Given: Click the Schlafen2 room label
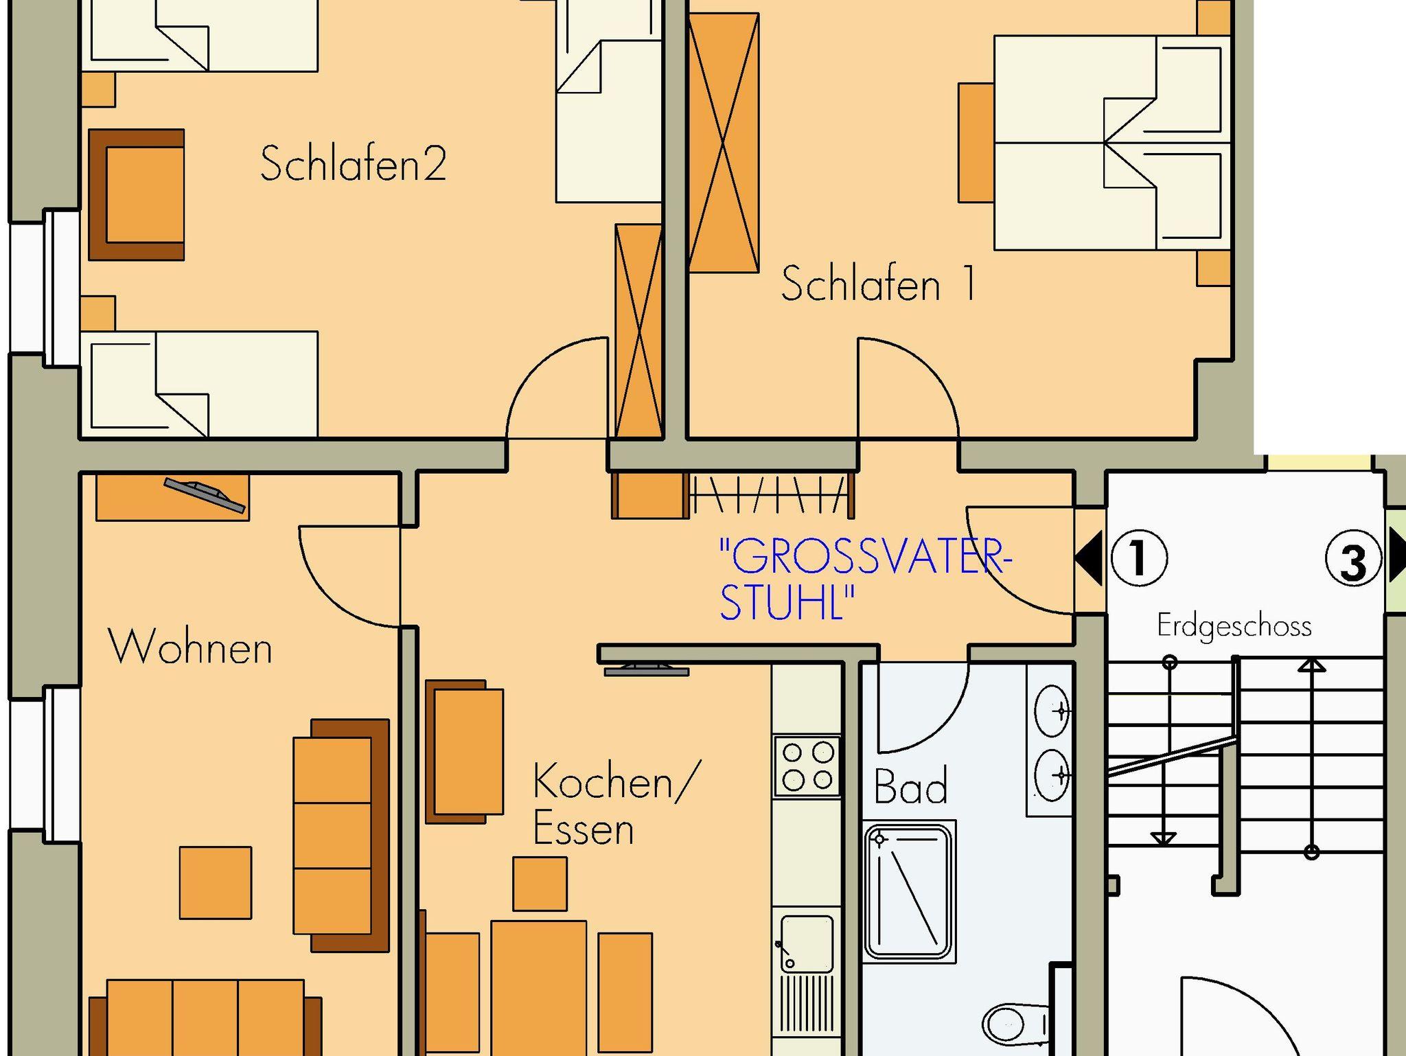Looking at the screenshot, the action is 354,163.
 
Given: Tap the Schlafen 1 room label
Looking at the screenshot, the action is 878,283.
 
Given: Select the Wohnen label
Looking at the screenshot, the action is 191,647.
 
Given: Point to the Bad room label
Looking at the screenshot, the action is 910,785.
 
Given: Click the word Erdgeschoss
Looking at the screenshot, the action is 1234,626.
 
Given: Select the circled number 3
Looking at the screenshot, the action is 1353,560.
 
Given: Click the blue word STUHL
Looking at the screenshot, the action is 781,602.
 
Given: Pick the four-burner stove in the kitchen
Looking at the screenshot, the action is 807,766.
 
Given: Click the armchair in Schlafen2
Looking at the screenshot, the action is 137,195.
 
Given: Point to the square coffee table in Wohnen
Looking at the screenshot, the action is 216,882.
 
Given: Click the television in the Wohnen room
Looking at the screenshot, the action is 205,495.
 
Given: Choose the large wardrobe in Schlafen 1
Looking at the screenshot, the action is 724,143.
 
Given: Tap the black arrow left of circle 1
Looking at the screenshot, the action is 1089,558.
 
